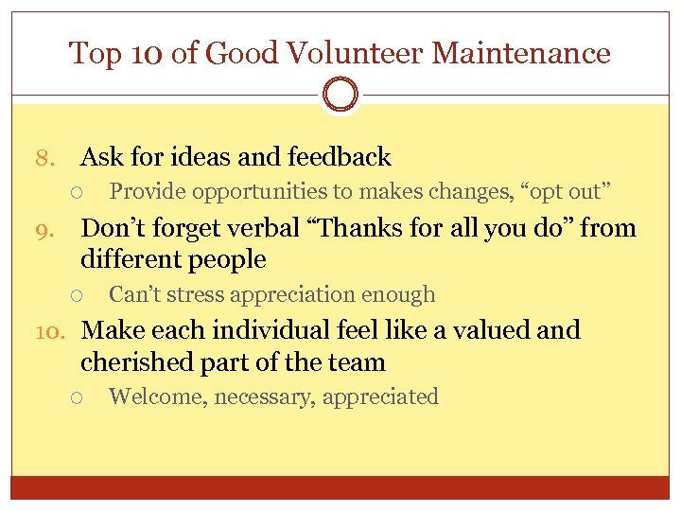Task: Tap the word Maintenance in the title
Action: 521,53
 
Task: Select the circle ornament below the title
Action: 340,96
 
